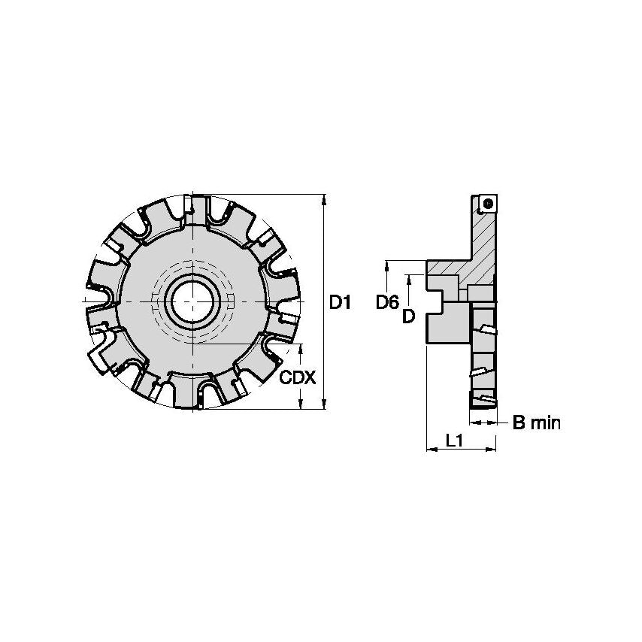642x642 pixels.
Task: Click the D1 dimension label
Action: [x=341, y=302]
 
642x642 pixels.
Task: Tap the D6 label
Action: [x=386, y=302]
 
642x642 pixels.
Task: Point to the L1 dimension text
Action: [x=454, y=441]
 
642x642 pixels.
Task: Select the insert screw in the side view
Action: [x=489, y=202]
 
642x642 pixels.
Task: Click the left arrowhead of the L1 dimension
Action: [x=431, y=450]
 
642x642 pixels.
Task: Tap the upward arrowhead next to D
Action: [x=408, y=279]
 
